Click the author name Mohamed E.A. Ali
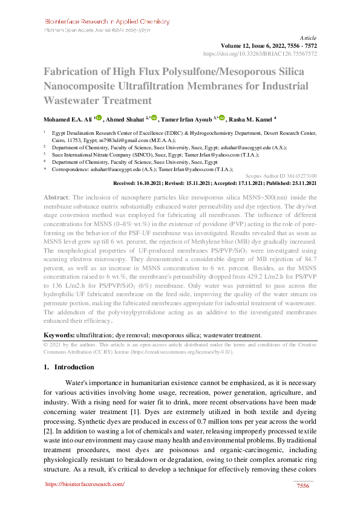pyautogui.click(x=67, y=119)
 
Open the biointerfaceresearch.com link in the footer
pyautogui.click(x=85, y=484)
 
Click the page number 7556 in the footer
pyautogui.click(x=303, y=486)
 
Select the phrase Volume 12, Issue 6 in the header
pyautogui.click(x=248, y=45)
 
